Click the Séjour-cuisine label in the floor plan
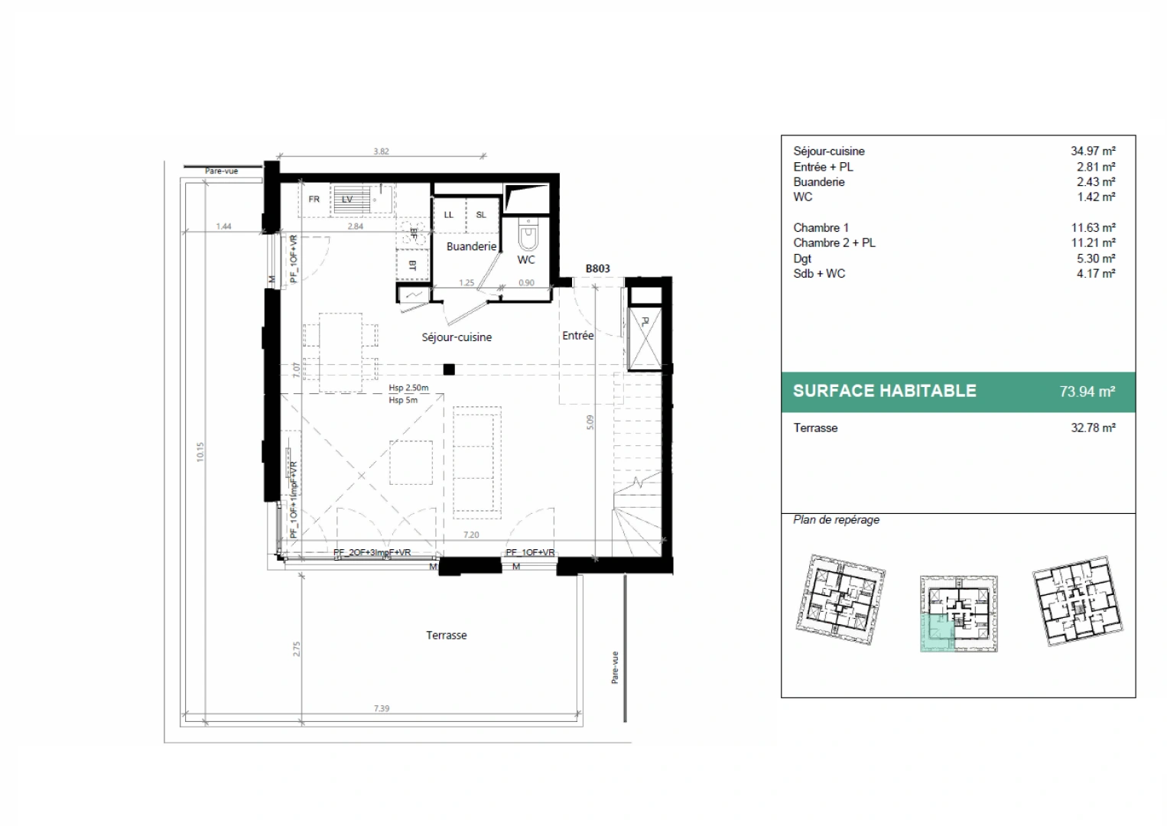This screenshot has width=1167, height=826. click(x=457, y=337)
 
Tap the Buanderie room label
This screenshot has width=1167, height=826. click(x=471, y=246)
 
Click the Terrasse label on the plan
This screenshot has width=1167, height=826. click(x=446, y=636)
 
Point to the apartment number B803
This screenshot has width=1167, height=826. click(x=597, y=268)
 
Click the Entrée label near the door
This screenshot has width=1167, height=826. click(x=577, y=336)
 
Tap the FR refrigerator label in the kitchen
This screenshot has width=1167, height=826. click(x=314, y=200)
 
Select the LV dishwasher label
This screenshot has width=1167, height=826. click(x=347, y=200)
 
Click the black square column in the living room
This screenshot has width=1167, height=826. click(x=449, y=370)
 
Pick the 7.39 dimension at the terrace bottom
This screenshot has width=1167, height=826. click(x=381, y=708)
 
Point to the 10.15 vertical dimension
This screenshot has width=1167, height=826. click(x=200, y=451)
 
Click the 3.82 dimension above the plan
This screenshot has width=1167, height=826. click(x=381, y=151)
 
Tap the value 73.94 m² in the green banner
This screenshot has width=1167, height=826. click(x=1087, y=392)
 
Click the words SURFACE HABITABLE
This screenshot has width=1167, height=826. click(x=884, y=391)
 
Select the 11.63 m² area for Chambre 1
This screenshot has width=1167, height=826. click(x=1093, y=228)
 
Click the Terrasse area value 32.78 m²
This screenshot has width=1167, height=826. click(x=1093, y=428)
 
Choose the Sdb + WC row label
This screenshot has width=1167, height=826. click(x=819, y=274)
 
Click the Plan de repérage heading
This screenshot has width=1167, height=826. click(x=836, y=520)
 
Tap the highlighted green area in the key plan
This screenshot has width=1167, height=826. click(x=935, y=633)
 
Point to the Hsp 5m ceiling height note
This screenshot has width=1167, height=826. click(x=403, y=400)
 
